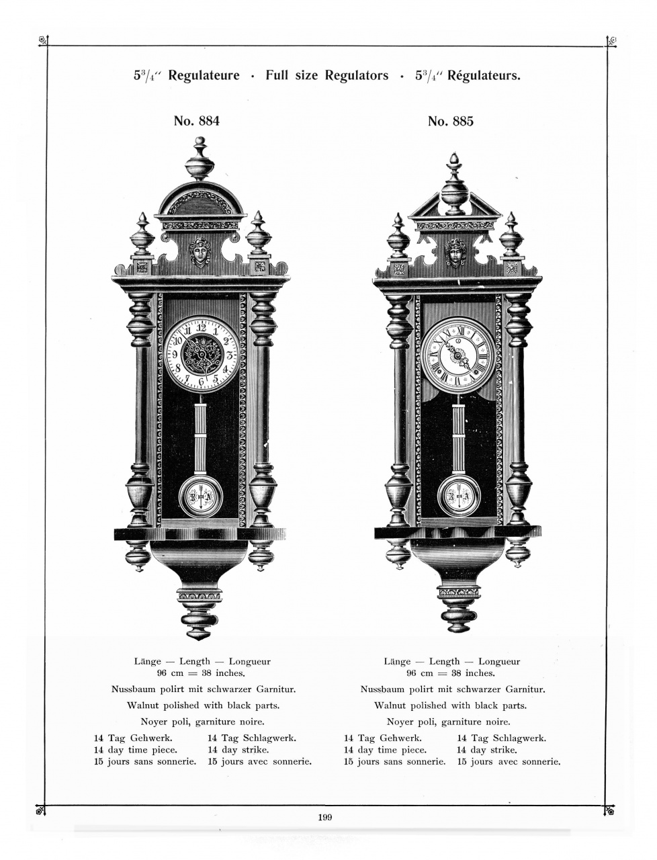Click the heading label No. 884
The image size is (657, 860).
196,122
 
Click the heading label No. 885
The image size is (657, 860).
450,122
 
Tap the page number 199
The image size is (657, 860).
326,818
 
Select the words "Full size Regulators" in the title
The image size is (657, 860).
326,75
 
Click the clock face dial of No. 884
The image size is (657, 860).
200,353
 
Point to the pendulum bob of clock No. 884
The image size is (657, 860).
200,497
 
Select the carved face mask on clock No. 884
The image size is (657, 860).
200,251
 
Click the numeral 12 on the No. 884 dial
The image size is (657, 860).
200,327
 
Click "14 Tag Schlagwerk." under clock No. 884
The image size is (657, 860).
252,738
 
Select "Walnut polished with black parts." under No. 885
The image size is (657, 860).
450,705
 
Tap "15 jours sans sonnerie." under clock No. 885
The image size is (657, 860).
394,762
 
